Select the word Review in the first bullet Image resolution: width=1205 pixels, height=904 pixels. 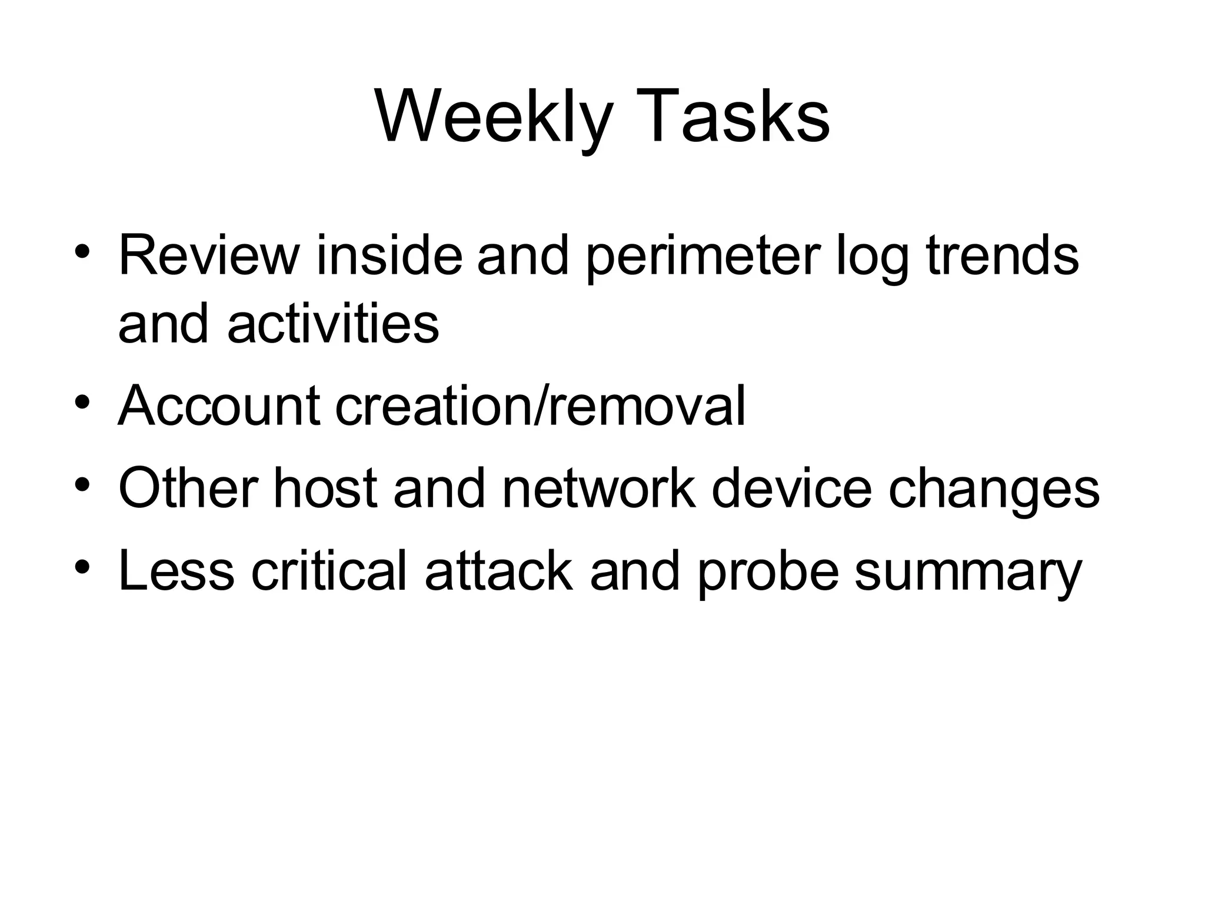click(x=209, y=255)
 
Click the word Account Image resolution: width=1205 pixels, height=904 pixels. click(x=219, y=406)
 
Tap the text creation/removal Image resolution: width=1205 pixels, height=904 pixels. click(x=540, y=406)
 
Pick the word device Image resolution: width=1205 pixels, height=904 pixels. click(x=791, y=488)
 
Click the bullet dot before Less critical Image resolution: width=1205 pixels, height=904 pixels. click(x=82, y=567)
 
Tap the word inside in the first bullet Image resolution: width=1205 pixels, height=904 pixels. click(x=389, y=255)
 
